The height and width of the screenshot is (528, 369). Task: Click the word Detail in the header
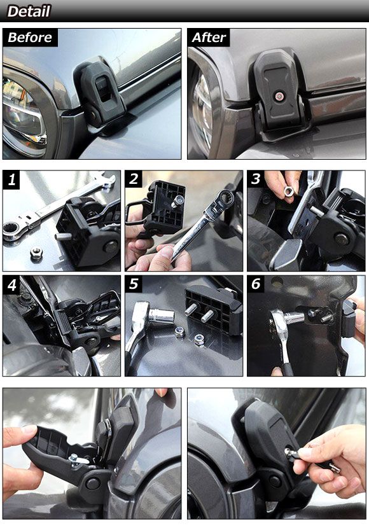[29, 11]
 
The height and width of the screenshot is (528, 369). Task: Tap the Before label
[30, 38]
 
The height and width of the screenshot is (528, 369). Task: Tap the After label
[209, 38]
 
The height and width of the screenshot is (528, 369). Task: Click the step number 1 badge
[11, 179]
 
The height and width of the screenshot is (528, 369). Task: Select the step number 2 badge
[134, 179]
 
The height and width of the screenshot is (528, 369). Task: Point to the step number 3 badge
[256, 179]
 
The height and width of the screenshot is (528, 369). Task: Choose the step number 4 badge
[11, 284]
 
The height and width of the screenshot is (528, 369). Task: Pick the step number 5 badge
[134, 284]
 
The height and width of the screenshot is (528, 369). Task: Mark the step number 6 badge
[256, 284]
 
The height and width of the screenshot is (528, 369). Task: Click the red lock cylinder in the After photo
[279, 97]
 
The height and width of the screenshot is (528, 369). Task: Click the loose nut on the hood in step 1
[36, 252]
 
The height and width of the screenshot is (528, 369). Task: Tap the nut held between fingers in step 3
[289, 191]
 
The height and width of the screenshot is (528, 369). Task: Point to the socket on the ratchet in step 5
[161, 316]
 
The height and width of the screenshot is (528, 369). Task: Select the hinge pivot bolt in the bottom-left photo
[92, 483]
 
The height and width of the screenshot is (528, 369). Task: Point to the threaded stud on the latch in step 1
[63, 237]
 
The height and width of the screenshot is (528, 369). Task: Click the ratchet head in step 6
[278, 322]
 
